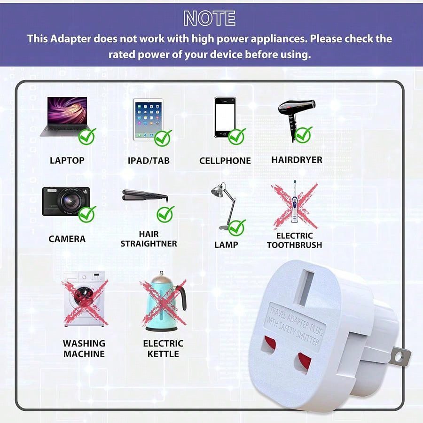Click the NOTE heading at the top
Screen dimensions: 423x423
[x=210, y=18]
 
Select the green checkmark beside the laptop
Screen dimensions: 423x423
[x=87, y=136]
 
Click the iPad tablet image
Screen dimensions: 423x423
[x=148, y=119]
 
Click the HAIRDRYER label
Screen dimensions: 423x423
[x=297, y=160]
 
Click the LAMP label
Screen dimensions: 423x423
[x=226, y=244]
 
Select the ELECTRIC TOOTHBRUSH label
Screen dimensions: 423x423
[x=294, y=240]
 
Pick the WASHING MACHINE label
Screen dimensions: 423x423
[x=84, y=348]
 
